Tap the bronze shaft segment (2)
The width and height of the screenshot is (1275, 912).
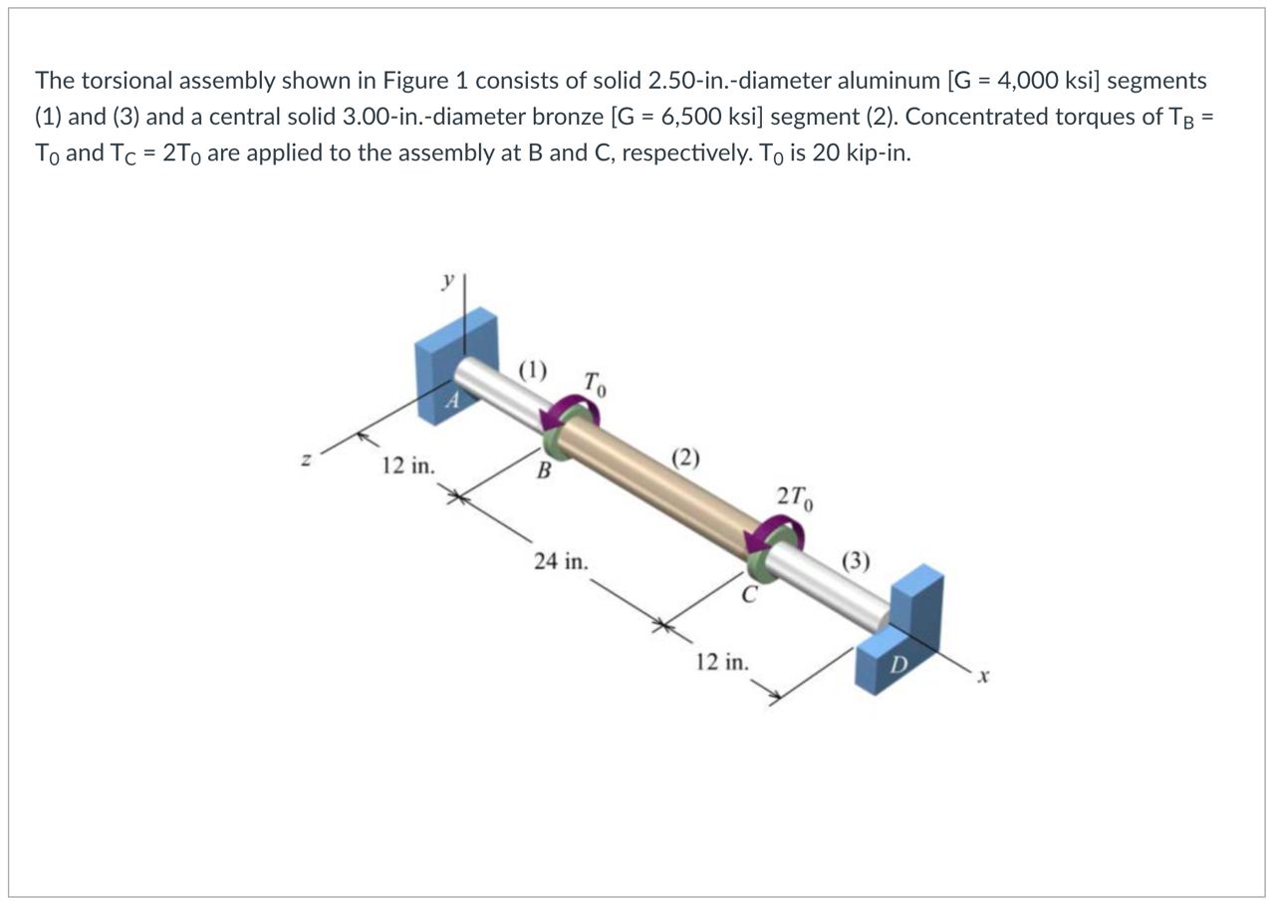pos(657,488)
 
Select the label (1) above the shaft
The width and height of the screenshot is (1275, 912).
pos(533,371)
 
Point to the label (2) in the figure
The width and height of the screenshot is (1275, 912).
pos(685,458)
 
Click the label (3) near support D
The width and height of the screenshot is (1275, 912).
pos(856,561)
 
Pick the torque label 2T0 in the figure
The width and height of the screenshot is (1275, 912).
pos(796,496)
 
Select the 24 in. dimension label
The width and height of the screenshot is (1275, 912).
pos(560,561)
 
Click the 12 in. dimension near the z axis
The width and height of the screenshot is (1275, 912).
pos(408,465)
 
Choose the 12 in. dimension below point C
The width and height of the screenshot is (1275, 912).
pos(722,662)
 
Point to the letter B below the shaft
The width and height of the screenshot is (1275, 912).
pos(544,471)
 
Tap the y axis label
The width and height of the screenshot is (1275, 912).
pos(447,282)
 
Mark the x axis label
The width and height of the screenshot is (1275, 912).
pos(981,678)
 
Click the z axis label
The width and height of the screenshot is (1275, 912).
pos(309,460)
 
